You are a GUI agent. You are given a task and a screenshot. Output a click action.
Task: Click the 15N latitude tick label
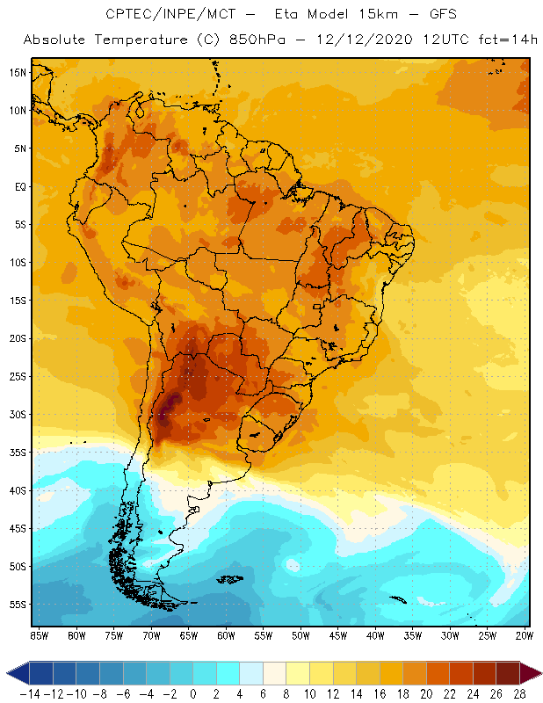click(18, 72)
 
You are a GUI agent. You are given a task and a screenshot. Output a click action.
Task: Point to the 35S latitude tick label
click(18, 453)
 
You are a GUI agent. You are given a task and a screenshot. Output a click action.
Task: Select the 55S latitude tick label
click(18, 605)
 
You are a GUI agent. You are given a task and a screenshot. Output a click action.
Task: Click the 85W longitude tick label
click(39, 635)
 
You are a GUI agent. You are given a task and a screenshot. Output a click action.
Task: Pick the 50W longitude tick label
click(300, 635)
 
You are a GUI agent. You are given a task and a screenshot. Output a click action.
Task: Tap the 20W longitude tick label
click(525, 635)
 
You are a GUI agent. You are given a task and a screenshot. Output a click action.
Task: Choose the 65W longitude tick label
click(188, 635)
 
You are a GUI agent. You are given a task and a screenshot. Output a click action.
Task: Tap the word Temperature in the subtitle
click(140, 40)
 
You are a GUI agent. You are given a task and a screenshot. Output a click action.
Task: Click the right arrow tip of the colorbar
click(538, 673)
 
